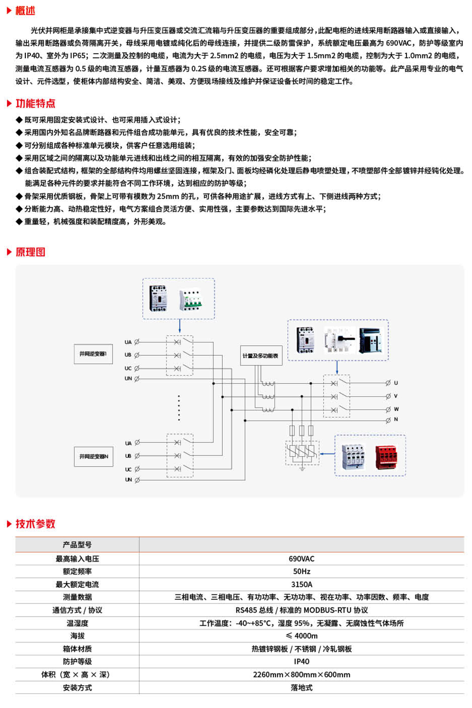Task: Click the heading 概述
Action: click(x=25, y=11)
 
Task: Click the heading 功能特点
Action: click(x=35, y=104)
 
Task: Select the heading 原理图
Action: click(x=30, y=252)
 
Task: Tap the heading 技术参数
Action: click(x=35, y=524)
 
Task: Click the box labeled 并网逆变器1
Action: click(x=93, y=354)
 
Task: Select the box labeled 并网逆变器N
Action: click(x=93, y=456)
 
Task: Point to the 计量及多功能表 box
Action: click(x=260, y=356)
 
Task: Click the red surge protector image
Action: click(x=387, y=456)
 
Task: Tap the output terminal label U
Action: click(x=396, y=383)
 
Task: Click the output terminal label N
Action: click(x=396, y=419)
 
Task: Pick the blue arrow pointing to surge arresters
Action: click(x=327, y=454)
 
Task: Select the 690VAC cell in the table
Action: click(x=301, y=559)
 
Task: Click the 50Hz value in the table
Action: click(x=301, y=571)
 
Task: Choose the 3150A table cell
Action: click(x=301, y=585)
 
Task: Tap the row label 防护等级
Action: click(x=77, y=662)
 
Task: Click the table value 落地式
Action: click(x=301, y=688)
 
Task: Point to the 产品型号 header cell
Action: click(x=77, y=545)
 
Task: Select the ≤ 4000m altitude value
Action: click(x=301, y=636)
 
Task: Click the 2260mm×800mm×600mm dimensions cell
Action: click(x=301, y=675)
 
